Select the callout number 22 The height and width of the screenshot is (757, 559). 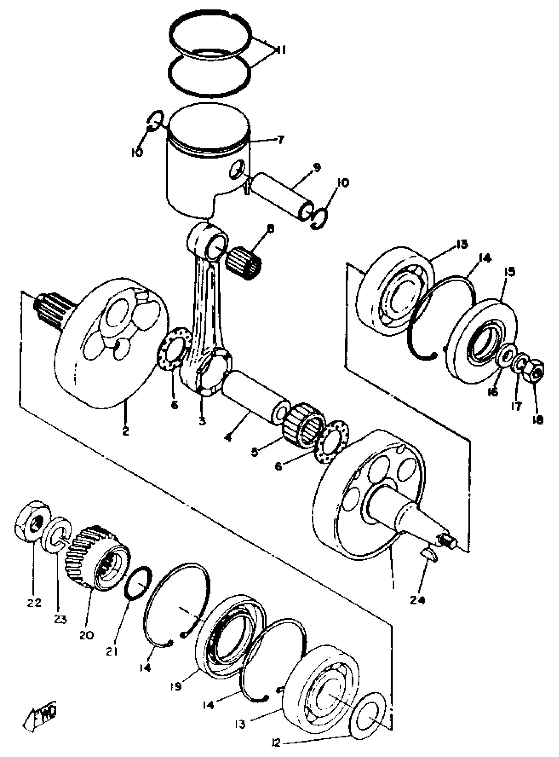(34, 602)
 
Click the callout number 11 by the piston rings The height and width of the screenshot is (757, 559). (280, 50)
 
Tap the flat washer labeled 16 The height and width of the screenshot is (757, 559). (506, 356)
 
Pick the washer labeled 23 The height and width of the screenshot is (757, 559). (56, 535)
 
